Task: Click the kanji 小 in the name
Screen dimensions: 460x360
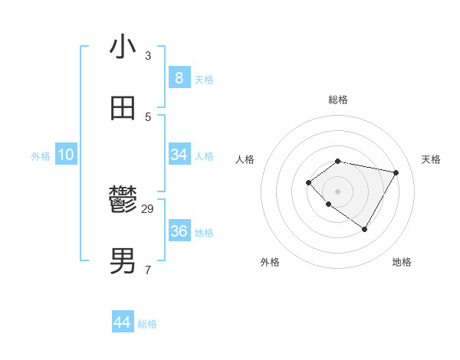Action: (123, 48)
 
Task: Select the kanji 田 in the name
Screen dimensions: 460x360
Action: (123, 109)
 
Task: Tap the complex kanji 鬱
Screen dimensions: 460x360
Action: (123, 201)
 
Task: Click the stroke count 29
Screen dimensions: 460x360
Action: (148, 209)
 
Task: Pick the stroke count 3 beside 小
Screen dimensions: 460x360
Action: (148, 56)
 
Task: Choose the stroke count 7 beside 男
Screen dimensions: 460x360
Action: (148, 270)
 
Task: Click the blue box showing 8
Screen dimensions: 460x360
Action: (179, 78)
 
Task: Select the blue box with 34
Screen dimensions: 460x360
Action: (179, 155)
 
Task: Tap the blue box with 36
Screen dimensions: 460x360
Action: (179, 231)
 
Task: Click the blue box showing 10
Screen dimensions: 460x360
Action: (66, 155)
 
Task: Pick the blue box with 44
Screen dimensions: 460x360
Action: (122, 322)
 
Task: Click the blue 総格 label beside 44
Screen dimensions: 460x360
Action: (147, 324)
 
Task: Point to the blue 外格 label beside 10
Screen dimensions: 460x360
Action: (41, 156)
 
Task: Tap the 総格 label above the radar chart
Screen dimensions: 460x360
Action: (338, 100)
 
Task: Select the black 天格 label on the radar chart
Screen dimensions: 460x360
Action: (431, 159)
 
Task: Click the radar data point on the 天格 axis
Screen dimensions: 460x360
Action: (396, 172)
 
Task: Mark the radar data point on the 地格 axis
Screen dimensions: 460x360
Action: (365, 229)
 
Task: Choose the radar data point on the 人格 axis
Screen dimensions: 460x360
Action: (308, 182)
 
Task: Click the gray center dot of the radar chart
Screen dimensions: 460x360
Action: (338, 191)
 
